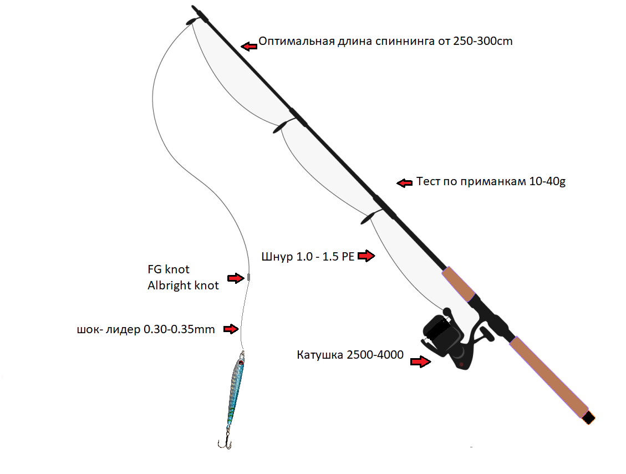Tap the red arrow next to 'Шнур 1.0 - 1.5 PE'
pyautogui.click(x=367, y=256)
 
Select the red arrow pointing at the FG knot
pyautogui.click(x=237, y=278)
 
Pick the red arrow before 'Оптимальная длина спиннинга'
pyautogui.click(x=250, y=46)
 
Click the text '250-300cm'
pyautogui.click(x=482, y=42)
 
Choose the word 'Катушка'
pyautogui.click(x=320, y=355)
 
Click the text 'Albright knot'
pyautogui.click(x=183, y=286)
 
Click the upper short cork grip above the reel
pyautogui.click(x=459, y=283)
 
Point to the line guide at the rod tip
pyautogui.click(x=190, y=22)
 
